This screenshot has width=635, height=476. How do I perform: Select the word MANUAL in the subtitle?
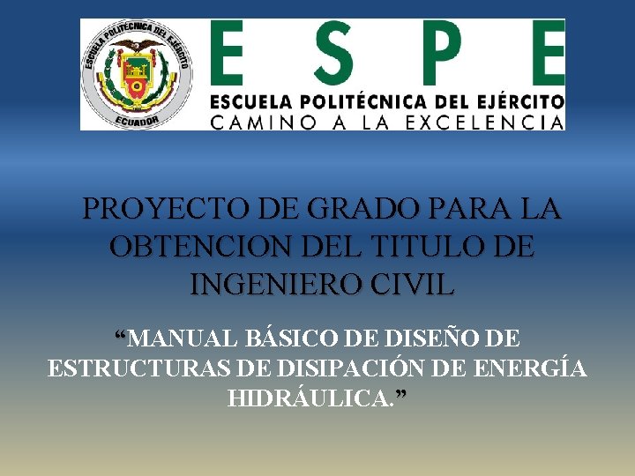187,338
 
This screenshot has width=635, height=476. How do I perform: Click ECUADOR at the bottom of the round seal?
137,121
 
